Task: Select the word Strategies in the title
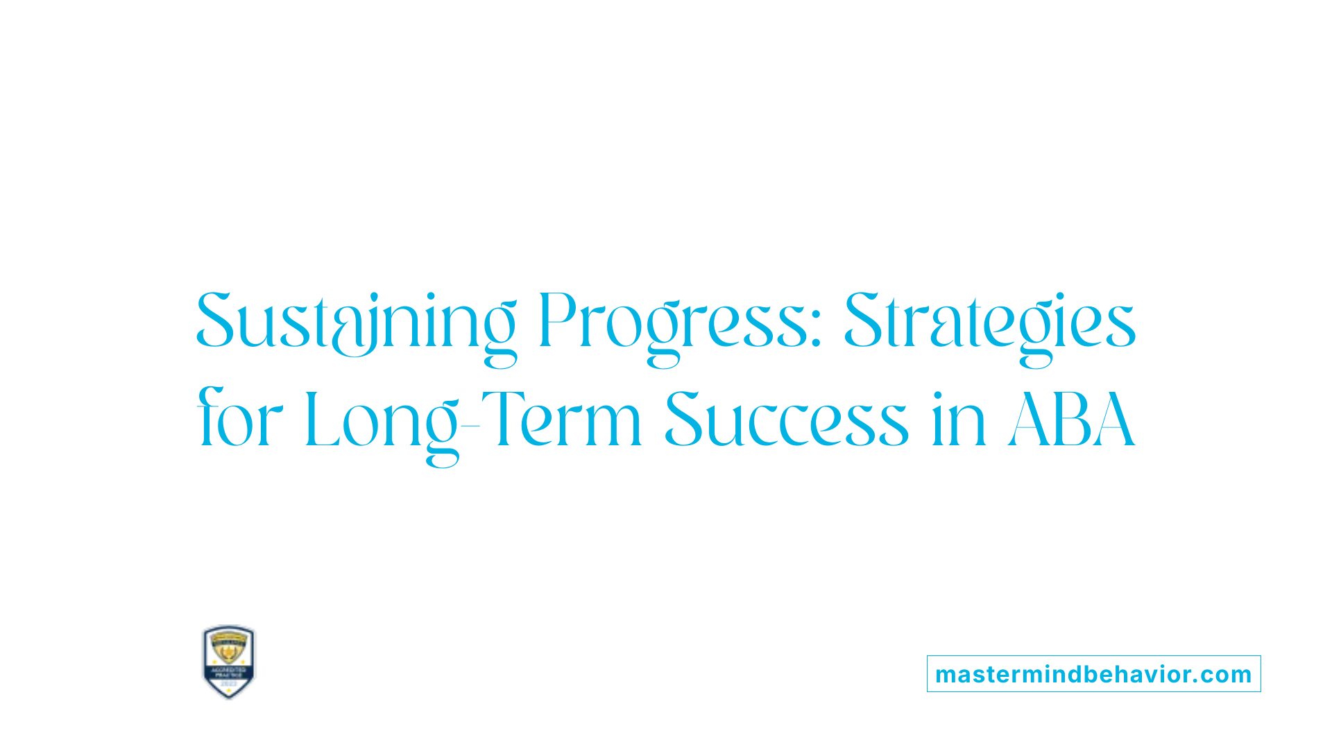click(x=989, y=323)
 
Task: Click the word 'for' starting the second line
click(x=240, y=420)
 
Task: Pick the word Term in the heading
click(x=562, y=420)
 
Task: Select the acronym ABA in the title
click(x=1072, y=420)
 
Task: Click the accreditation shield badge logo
click(x=229, y=662)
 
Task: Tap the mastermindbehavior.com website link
click(x=1093, y=674)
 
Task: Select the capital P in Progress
click(x=558, y=322)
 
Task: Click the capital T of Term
click(x=499, y=419)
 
